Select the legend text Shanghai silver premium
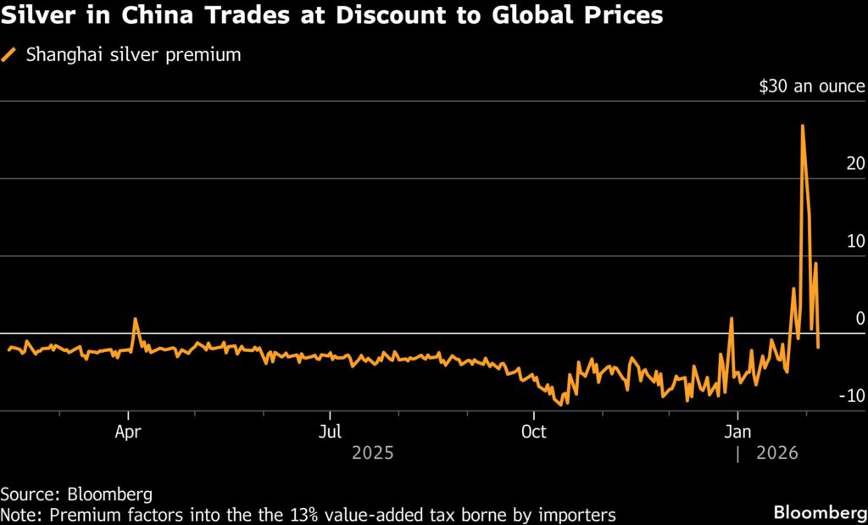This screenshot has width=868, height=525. coord(134,55)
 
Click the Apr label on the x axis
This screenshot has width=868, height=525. coord(127,431)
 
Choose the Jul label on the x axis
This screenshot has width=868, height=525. coord(330,431)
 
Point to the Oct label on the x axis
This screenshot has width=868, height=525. coord(534,431)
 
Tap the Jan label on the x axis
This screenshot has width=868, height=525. coord(737,431)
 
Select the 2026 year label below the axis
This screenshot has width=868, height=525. coord(776,454)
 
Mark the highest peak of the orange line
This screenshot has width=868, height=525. coord(802,126)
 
